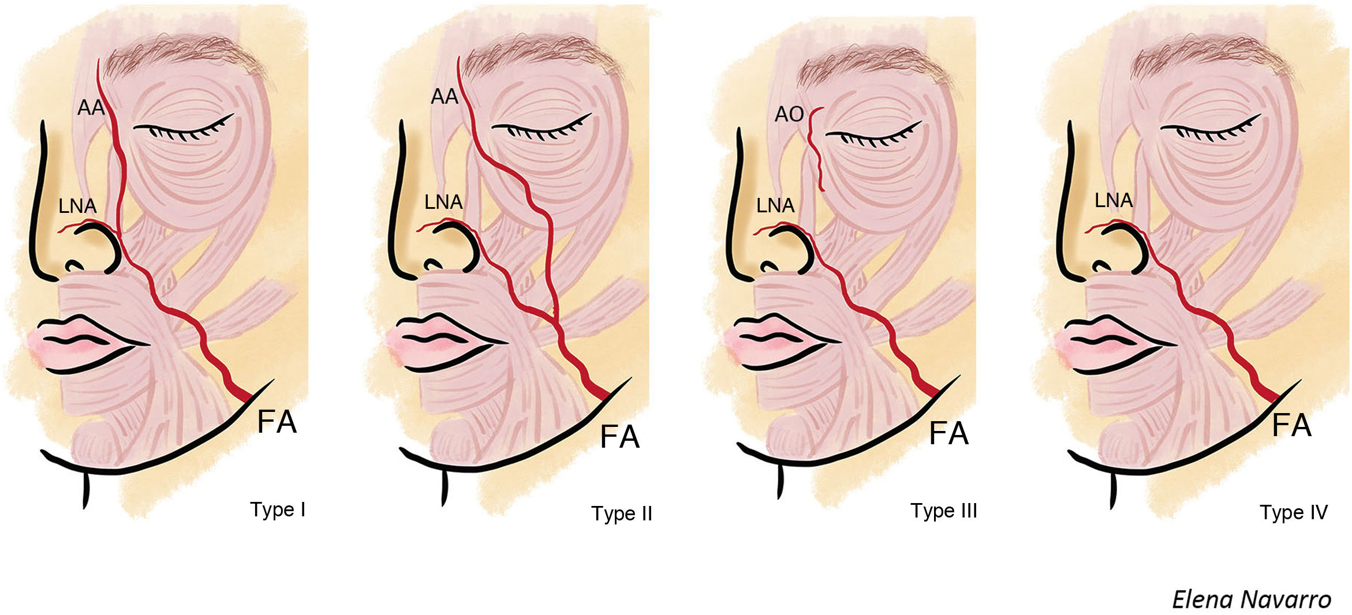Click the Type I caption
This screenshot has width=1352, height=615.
(278, 510)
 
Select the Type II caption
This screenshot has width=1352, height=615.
(621, 513)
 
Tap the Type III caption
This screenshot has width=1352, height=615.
(943, 511)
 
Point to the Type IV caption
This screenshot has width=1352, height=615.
(1293, 512)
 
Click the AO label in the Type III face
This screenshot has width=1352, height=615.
(789, 114)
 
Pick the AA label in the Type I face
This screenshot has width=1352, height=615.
(91, 107)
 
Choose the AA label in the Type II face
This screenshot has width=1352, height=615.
(444, 96)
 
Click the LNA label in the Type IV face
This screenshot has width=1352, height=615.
(1114, 200)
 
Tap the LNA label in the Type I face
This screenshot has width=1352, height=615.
(77, 206)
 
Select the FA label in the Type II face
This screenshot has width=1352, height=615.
(619, 437)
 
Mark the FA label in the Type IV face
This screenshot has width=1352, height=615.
(1291, 426)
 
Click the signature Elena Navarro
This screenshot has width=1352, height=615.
(1251, 600)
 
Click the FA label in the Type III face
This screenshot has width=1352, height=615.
(948, 433)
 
